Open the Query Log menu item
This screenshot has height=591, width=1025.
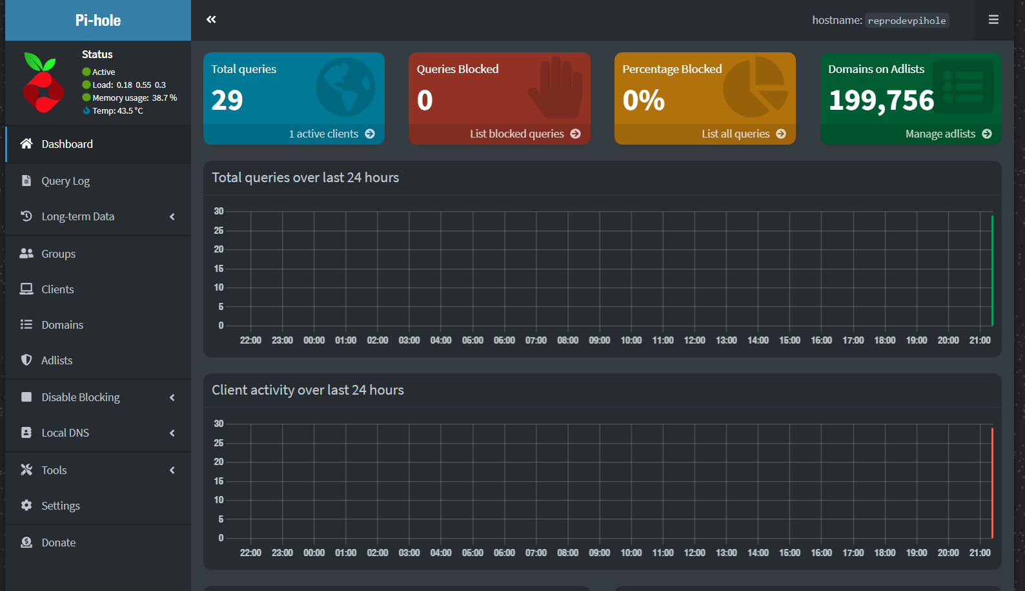(65, 181)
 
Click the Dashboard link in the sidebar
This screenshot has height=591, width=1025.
(67, 144)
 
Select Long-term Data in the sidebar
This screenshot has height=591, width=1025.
(77, 216)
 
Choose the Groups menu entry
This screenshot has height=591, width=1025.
(58, 254)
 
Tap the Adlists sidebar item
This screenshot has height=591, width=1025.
(57, 360)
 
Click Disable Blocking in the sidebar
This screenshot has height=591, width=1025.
(81, 397)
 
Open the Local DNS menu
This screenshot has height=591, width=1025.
(65, 433)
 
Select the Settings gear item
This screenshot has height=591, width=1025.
(61, 506)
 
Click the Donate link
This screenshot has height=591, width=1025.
(58, 543)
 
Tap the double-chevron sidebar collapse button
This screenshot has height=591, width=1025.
(211, 19)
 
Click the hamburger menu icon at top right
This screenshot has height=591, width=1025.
(993, 20)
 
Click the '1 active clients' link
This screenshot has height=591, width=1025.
(331, 134)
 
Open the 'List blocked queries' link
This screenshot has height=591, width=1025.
(524, 134)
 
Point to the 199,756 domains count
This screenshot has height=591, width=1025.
(881, 100)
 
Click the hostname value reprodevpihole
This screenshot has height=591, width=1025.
(906, 21)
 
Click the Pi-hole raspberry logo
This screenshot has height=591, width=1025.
(43, 83)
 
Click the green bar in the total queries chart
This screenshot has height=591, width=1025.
(992, 271)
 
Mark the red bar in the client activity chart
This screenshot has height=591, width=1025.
(992, 482)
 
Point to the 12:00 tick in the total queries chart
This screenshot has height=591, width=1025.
(695, 340)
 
